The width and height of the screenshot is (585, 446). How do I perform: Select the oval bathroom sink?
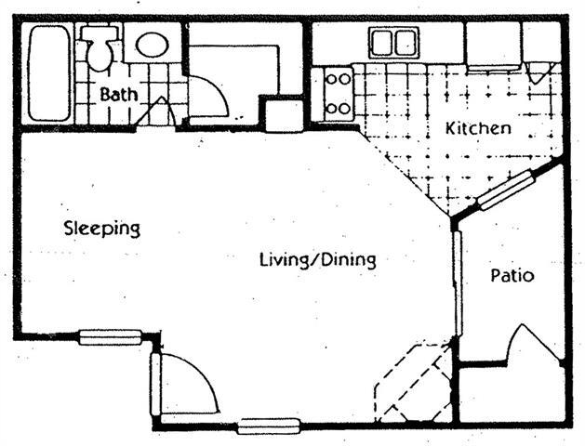click(x=152, y=45)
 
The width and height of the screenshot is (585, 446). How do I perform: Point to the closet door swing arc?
click(x=209, y=98)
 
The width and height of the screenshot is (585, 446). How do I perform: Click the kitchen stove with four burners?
click(x=338, y=94)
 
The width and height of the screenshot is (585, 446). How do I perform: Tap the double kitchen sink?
click(x=394, y=42)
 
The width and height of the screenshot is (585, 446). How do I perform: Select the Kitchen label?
click(x=478, y=127)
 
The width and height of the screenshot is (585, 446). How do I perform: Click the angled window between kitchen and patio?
click(x=507, y=190)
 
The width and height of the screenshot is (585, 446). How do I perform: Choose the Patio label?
click(x=512, y=276)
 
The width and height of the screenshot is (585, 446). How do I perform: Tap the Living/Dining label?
click(x=317, y=259)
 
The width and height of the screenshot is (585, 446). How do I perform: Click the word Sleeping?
click(x=101, y=228)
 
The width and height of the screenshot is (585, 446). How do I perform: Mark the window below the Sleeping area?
click(x=110, y=337)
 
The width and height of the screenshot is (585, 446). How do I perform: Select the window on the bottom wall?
click(x=269, y=426)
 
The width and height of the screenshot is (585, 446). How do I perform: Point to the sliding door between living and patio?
click(x=457, y=283)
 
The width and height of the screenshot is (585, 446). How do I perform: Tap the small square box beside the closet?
click(x=283, y=114)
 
